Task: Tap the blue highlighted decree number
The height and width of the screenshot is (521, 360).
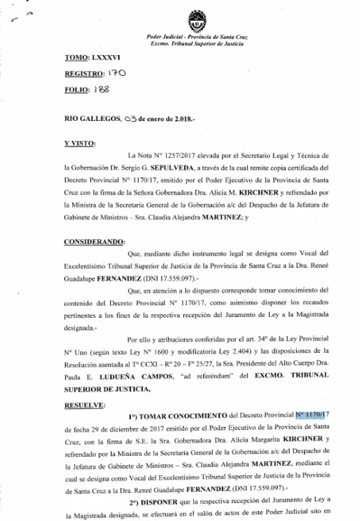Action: tap(313, 415)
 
